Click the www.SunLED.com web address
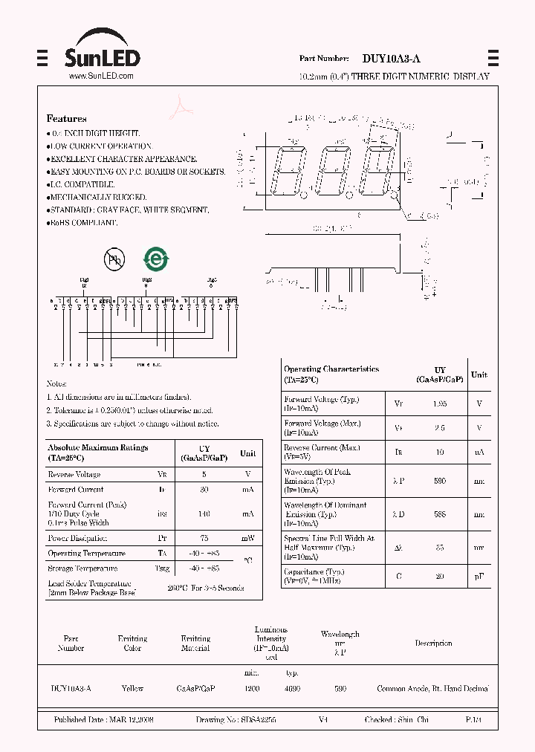pos(101,76)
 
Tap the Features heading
pos(66,119)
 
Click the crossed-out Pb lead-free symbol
pos(114,259)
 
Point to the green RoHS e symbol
pos(156,259)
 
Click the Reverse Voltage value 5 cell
pos(204,474)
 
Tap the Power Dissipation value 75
pos(204,538)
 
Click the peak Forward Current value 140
pos(204,513)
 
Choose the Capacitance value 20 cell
pos(440,576)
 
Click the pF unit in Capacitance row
pos(479,576)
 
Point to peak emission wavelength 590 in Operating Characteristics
pos(440,481)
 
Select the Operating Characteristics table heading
pos(331,374)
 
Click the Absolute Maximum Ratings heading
pos(97,453)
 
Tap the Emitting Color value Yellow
pos(132,689)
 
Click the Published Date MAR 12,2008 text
pos(103,720)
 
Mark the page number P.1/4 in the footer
pos(473,720)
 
